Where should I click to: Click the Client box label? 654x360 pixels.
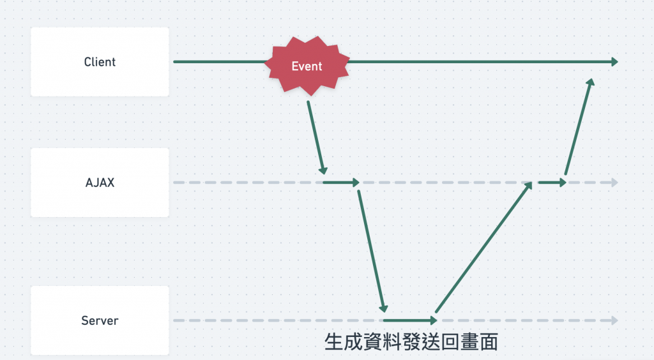[100, 62]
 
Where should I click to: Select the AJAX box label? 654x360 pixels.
[100, 183]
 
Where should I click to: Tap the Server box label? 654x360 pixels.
[100, 320]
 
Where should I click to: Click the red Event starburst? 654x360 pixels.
[307, 66]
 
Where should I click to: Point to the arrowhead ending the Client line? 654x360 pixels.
[614, 61]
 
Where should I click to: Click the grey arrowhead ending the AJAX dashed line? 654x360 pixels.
[614, 183]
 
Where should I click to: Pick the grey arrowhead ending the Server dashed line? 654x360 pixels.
[614, 320]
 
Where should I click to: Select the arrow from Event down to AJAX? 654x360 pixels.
[316, 136]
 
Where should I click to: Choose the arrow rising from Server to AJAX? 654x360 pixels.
[483, 250]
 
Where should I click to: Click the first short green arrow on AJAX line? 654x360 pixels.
[341, 183]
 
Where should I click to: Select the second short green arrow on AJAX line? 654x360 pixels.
[552, 183]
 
